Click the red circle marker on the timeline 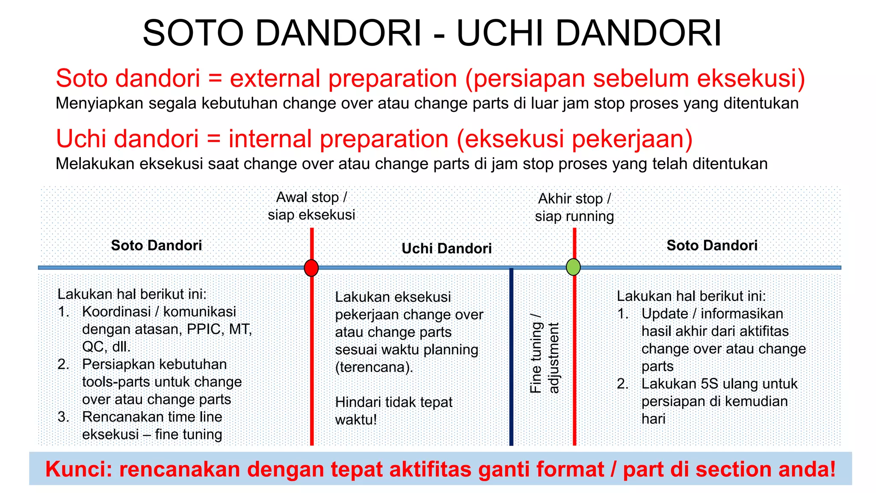311,268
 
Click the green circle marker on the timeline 573,267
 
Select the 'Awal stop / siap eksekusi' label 311,206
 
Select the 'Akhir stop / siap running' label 574,208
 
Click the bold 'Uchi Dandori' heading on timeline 447,249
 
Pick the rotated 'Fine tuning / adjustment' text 544,353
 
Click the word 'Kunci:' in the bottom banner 78,469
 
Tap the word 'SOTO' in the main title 193,33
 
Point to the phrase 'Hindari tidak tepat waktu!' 394,411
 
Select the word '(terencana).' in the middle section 374,368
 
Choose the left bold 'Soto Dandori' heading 157,246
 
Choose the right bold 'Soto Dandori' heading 712,246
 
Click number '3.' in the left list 63,417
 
